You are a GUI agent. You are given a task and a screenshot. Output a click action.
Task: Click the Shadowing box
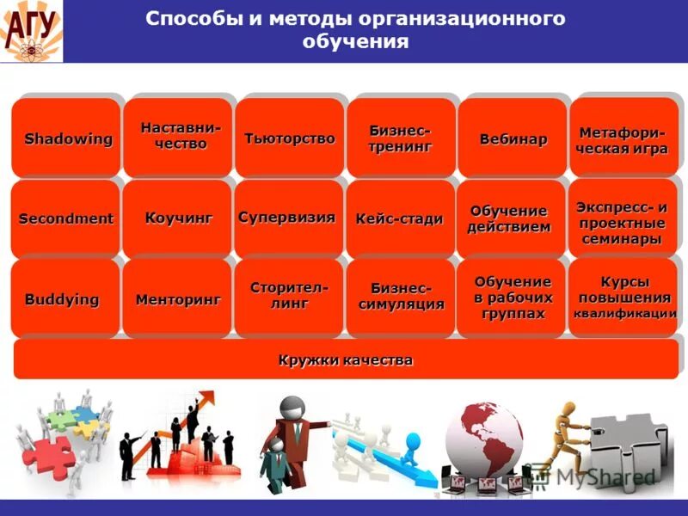[x=66, y=138]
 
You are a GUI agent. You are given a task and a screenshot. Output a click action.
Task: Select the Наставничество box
[x=178, y=138]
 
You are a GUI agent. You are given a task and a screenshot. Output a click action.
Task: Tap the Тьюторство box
[x=290, y=138]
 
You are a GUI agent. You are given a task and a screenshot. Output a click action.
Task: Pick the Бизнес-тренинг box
[x=401, y=138]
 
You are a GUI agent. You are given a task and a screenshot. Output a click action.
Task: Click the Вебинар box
[x=513, y=138]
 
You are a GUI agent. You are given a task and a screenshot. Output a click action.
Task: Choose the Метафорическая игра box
[x=623, y=138]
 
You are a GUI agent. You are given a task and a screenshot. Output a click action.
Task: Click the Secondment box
[x=66, y=218]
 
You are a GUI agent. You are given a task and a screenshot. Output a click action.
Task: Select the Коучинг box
[x=178, y=218]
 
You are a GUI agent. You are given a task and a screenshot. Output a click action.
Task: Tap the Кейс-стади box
[x=400, y=218]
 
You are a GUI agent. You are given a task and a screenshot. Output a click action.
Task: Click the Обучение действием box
[x=510, y=218]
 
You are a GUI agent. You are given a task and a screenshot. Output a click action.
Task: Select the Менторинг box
[x=178, y=299]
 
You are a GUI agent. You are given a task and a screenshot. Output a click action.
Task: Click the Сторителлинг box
[x=289, y=297]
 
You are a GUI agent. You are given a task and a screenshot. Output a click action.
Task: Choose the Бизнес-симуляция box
[x=401, y=298]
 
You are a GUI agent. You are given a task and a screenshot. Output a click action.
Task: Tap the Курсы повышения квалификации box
[x=623, y=298]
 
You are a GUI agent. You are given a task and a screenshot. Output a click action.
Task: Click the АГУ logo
[x=31, y=30]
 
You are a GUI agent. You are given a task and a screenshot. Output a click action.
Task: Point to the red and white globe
[x=482, y=437]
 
